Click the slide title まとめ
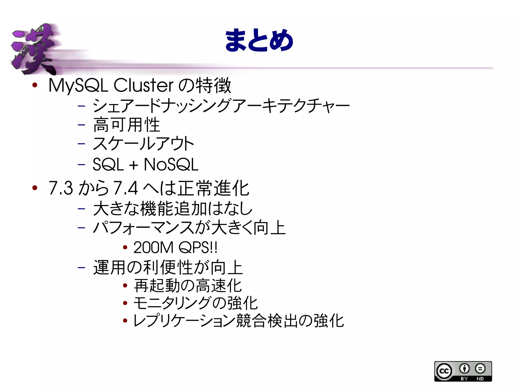click(x=259, y=41)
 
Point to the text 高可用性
click(x=126, y=125)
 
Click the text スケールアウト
click(x=143, y=144)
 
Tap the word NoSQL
click(x=171, y=164)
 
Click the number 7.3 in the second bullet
click(x=61, y=188)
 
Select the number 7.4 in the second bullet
click(x=125, y=188)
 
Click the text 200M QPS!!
click(x=175, y=247)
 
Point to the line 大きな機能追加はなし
click(x=173, y=208)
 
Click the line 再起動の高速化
click(x=188, y=286)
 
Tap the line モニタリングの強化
click(x=195, y=303)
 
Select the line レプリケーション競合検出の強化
click(x=238, y=321)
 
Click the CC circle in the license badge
click(x=444, y=371)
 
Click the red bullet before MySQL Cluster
click(x=35, y=85)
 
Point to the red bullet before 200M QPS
click(x=125, y=247)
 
